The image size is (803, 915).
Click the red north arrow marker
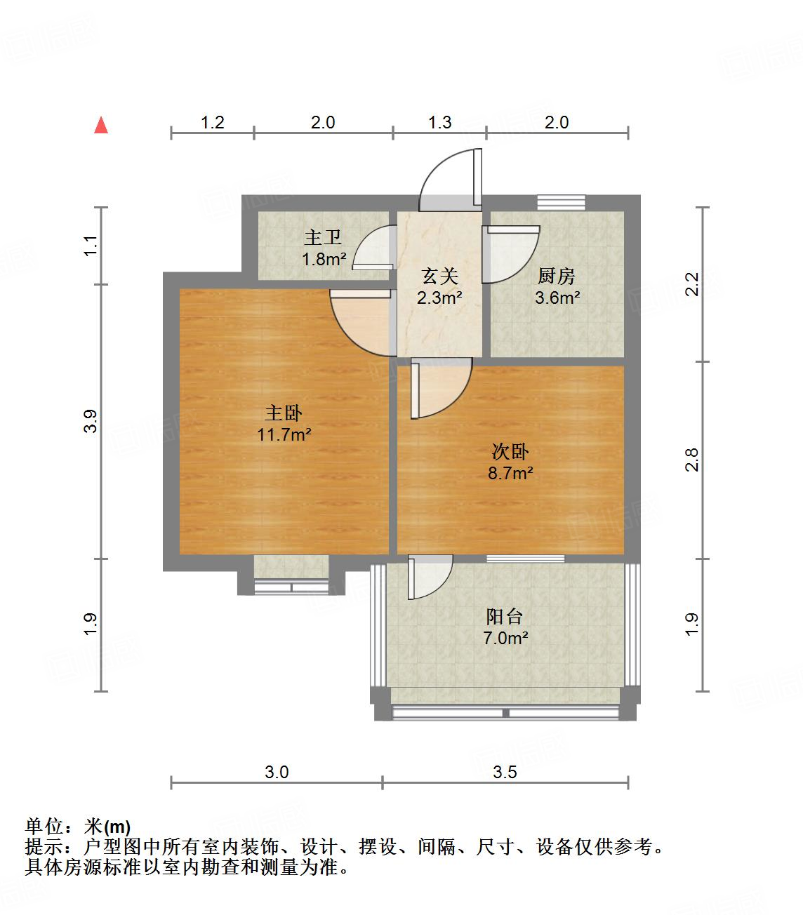(x=102, y=126)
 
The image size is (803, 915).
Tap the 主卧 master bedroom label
(x=284, y=413)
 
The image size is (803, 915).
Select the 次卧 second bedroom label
(x=510, y=452)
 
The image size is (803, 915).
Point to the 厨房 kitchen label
(x=557, y=276)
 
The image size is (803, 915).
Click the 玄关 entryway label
(x=439, y=276)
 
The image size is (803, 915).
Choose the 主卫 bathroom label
(x=323, y=238)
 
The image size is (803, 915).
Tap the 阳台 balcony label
(x=505, y=617)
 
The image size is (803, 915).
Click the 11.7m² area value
(x=284, y=435)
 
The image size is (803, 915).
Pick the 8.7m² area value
(x=510, y=474)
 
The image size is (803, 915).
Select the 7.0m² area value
(x=505, y=639)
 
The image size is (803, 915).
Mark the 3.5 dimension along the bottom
(x=505, y=773)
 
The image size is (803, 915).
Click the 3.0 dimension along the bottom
(x=277, y=773)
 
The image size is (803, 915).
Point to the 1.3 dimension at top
(x=439, y=123)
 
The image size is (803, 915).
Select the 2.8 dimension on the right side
(x=692, y=460)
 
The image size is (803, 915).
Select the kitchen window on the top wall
(x=561, y=202)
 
